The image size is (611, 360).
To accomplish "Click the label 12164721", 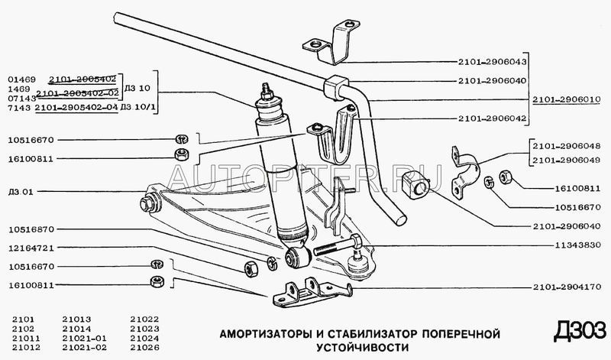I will click(32, 248).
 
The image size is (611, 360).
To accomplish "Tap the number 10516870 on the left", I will click(32, 229).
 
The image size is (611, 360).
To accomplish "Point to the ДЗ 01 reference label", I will click(21, 191).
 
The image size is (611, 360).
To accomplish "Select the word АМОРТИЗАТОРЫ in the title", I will click(263, 334).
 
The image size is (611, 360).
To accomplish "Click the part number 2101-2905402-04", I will click(76, 107).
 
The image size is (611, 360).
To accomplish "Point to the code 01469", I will click(21, 79).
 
